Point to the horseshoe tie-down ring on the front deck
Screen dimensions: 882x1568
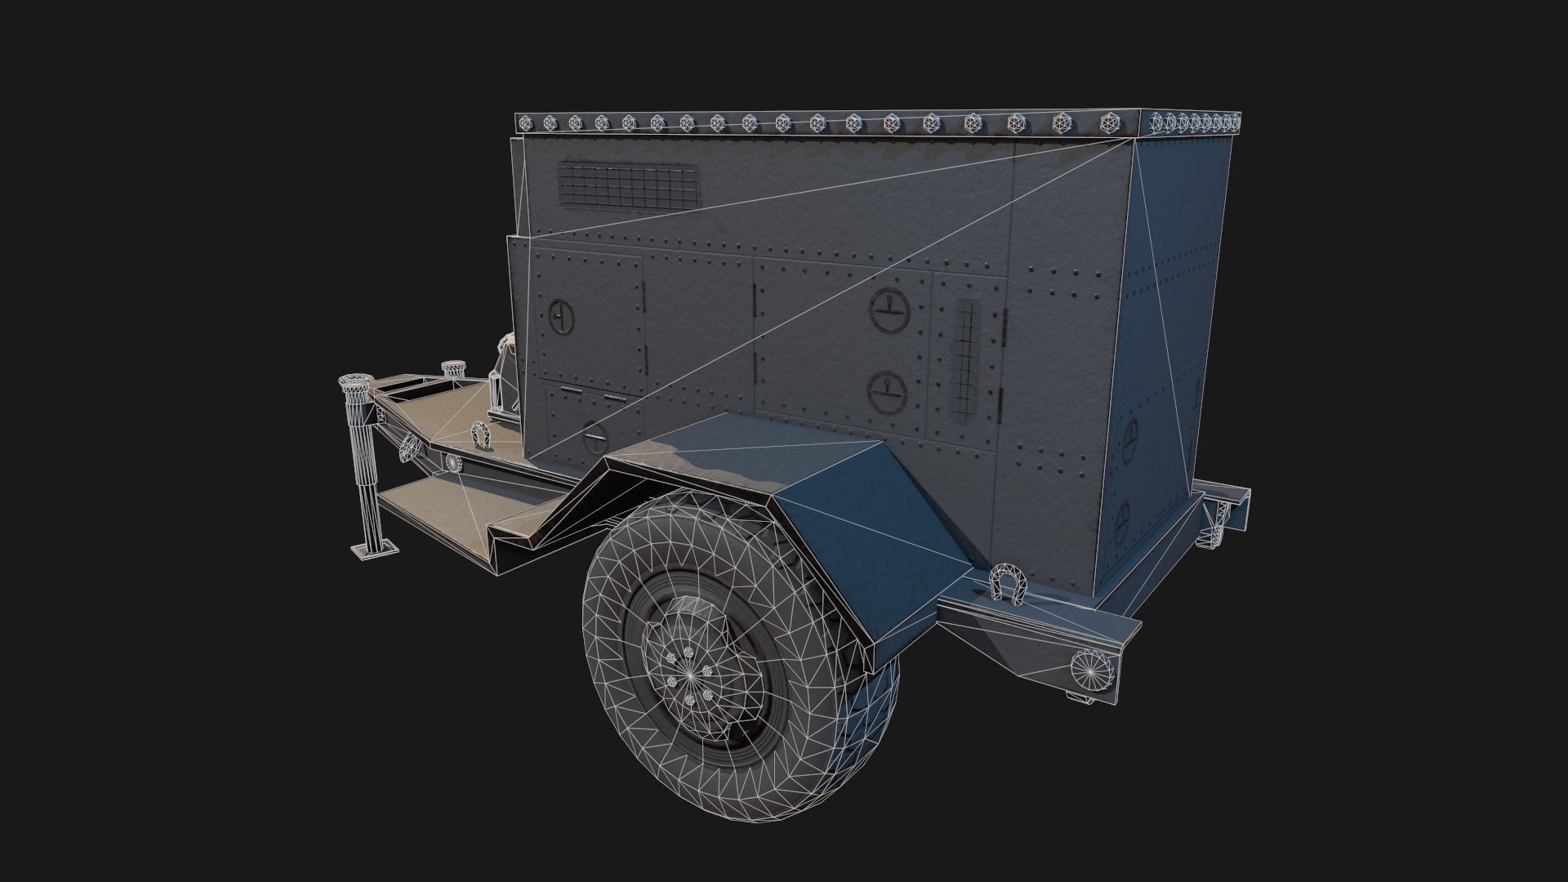click(480, 435)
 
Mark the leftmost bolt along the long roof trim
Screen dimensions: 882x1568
click(527, 123)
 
